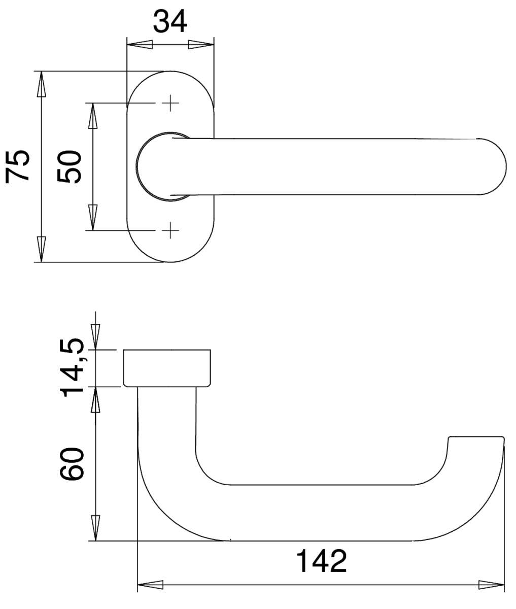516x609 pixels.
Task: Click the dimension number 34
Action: (170, 21)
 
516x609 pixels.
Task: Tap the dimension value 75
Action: (18, 166)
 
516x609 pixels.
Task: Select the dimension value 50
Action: (70, 166)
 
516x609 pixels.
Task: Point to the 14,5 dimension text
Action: (72, 367)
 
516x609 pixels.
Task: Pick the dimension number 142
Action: (322, 561)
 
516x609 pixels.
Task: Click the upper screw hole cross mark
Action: (170, 103)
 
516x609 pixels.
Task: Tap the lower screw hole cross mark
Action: (170, 230)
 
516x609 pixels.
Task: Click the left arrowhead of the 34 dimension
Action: (140, 45)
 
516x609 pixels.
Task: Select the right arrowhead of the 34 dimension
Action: (201, 45)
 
